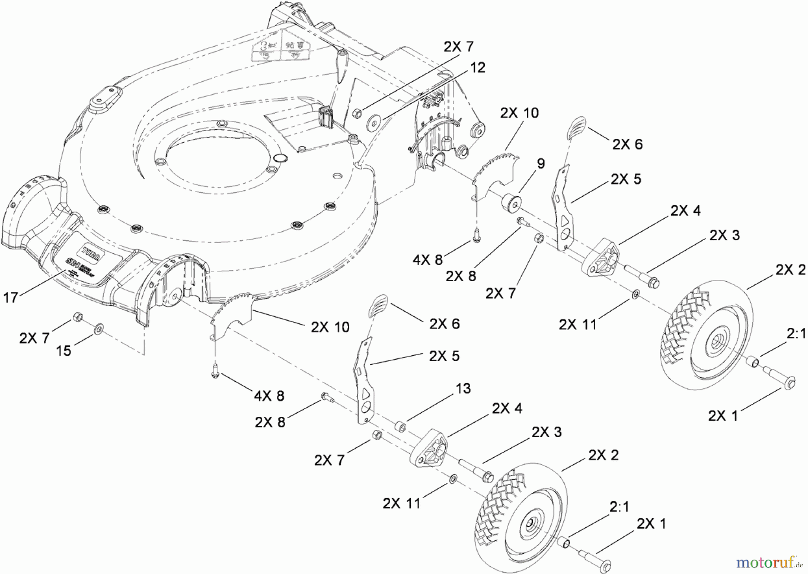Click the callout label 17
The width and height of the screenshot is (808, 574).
[x=11, y=297]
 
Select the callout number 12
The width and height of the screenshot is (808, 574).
[x=478, y=68]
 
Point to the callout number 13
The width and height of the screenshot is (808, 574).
[x=463, y=388]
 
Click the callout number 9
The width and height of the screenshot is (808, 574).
[x=540, y=164]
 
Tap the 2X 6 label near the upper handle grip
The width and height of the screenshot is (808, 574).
[x=627, y=144]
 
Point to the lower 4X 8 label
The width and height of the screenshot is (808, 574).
[x=269, y=396]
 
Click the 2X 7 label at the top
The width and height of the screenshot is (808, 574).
[x=458, y=47]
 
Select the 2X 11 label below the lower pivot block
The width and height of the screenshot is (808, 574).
[x=401, y=503]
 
